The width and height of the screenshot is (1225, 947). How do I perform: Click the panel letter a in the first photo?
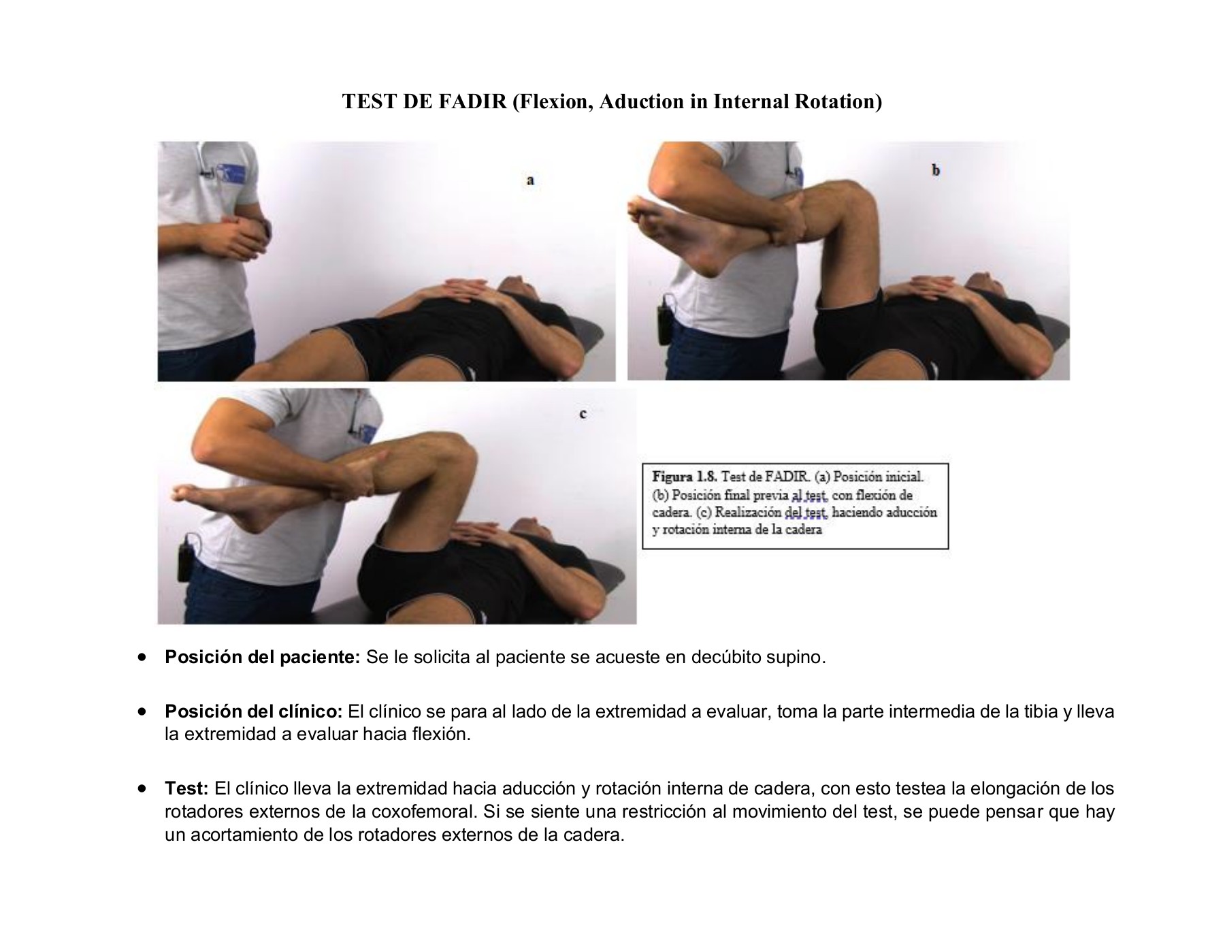tap(530, 180)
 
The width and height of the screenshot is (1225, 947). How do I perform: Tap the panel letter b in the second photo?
tap(936, 170)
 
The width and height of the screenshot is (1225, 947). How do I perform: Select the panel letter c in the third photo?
tap(583, 413)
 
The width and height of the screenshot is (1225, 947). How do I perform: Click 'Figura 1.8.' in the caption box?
tap(684, 476)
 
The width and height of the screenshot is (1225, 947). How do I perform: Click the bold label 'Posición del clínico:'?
tap(253, 712)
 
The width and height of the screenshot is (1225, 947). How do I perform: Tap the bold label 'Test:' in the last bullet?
tap(186, 789)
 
